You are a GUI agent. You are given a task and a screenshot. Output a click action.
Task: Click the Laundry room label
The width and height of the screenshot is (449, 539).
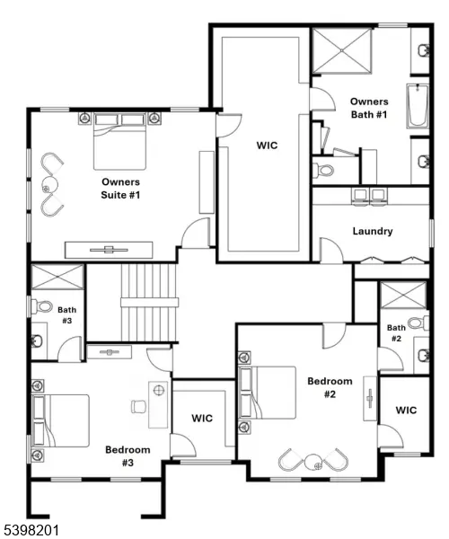point(372,231)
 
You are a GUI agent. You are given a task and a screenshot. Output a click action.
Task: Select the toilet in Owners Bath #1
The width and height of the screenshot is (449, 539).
point(324,168)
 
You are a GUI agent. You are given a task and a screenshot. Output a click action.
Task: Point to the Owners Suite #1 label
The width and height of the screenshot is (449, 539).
point(120,187)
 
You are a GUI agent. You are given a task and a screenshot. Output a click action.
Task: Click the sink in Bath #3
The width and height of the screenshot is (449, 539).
point(39,340)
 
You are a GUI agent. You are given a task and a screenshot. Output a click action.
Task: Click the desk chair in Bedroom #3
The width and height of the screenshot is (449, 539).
point(139,406)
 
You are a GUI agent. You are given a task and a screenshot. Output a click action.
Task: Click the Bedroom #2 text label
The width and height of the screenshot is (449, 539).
point(323,387)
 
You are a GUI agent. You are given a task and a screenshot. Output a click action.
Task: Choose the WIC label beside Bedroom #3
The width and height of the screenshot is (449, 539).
point(202,418)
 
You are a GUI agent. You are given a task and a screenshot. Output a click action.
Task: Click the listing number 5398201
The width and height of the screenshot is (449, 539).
point(31,530)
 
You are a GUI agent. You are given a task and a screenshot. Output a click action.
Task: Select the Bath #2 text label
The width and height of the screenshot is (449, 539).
point(396,333)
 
